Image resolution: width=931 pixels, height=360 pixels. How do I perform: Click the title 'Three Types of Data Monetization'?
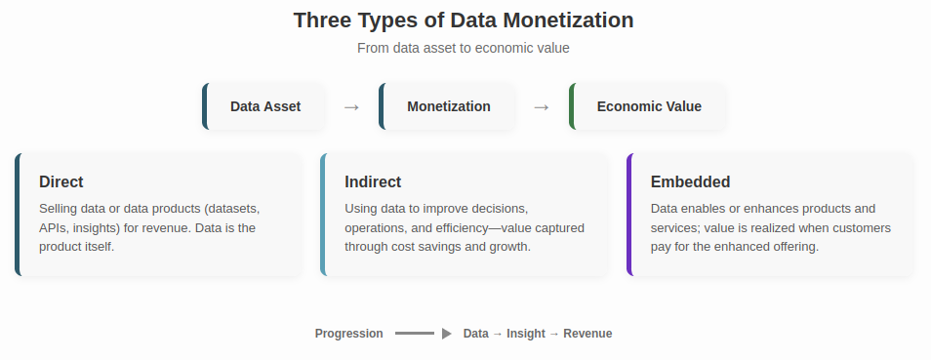point(464,20)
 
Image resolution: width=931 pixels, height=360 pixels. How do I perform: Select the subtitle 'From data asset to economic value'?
point(464,48)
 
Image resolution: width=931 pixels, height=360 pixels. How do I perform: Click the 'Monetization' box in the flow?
point(449,106)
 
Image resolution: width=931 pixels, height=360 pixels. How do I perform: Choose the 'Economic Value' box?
point(649,106)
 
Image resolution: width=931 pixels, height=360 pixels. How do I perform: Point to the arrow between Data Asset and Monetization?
point(352,107)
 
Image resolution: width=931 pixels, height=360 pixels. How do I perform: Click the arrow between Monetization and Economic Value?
point(542,107)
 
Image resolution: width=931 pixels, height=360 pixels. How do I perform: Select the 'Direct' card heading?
point(61,181)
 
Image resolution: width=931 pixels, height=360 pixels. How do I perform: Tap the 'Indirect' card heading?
point(373,181)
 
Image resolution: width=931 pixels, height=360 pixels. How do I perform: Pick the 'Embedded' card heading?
point(690,181)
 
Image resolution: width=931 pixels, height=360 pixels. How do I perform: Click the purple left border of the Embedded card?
point(629,215)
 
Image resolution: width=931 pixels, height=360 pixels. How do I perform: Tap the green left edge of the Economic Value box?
point(572,106)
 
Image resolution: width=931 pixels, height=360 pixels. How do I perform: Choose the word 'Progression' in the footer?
point(349,334)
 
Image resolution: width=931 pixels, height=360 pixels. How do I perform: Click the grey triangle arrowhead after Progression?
point(446,334)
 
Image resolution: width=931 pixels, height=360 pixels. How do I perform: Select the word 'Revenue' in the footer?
point(587,334)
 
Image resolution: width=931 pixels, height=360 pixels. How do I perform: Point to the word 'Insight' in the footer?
point(526,334)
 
